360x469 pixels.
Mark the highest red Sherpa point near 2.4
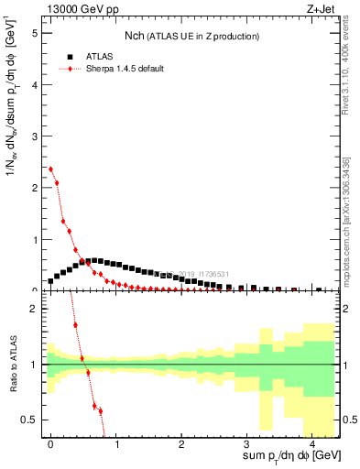tap(50, 169)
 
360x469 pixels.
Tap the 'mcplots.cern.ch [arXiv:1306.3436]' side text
tap(349, 220)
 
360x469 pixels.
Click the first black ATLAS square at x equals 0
tap(50, 281)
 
